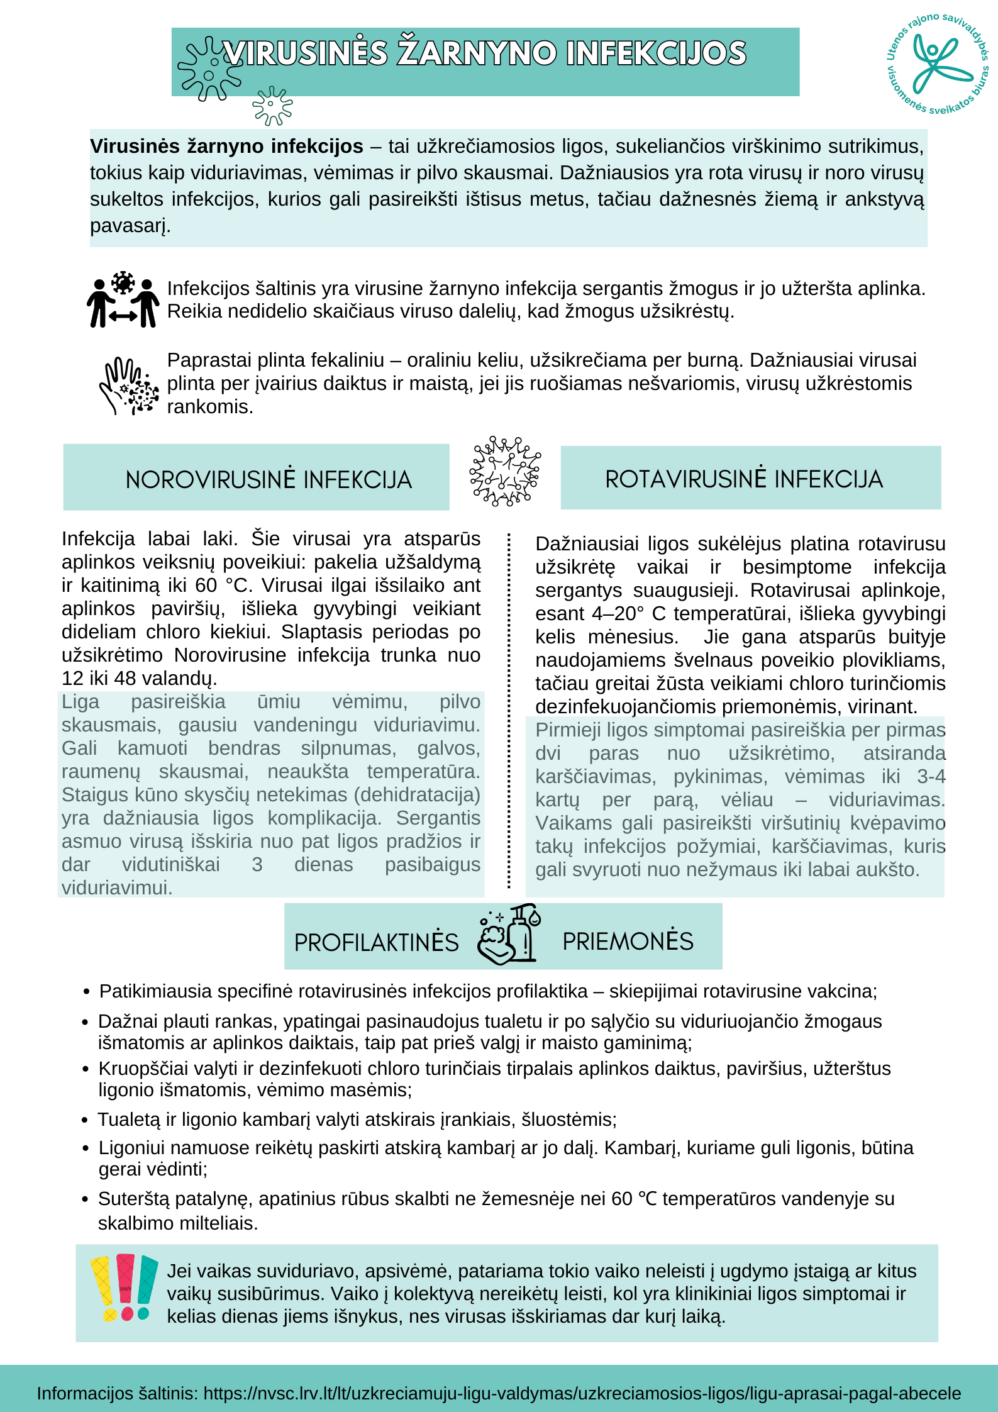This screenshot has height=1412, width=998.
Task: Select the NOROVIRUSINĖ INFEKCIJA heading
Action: coord(269,480)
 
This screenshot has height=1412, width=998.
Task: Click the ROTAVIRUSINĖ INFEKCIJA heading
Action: coord(744,479)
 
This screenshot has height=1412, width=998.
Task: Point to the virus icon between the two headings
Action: coord(505,472)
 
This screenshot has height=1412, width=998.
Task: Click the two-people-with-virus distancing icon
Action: coord(123,300)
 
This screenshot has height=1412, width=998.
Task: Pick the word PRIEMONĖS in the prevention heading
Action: coord(628,942)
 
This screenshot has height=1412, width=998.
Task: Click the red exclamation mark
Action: coord(126,1287)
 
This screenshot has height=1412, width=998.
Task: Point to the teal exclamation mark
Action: coord(147,1287)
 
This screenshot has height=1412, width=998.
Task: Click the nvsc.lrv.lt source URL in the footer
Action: coord(582,1393)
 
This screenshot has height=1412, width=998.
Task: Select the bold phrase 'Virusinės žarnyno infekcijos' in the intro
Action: coord(226,147)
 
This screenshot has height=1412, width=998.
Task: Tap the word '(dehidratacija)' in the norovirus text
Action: coord(417,795)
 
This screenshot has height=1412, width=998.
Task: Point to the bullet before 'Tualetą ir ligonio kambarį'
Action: coord(85,1120)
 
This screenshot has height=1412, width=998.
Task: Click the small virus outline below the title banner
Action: coord(272,106)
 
